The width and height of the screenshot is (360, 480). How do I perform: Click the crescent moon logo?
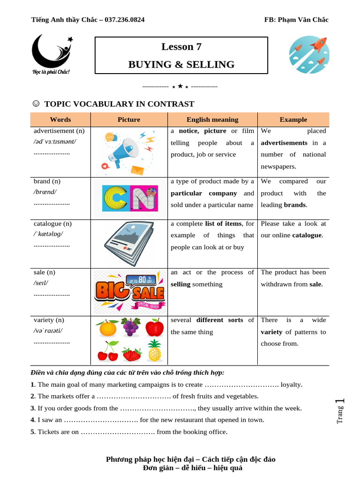(x=50, y=52)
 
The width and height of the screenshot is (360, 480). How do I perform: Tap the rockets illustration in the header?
(x=308, y=52)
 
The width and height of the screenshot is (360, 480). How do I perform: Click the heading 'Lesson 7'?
(x=181, y=46)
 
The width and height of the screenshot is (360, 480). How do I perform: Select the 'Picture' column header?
(x=129, y=120)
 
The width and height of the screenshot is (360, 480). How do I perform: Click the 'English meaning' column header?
(x=212, y=120)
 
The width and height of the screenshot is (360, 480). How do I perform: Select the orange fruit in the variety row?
(x=108, y=328)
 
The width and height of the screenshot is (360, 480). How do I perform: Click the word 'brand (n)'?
(x=47, y=181)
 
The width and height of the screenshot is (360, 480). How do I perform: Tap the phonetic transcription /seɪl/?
(x=41, y=283)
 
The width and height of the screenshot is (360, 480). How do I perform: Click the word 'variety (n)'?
(x=49, y=320)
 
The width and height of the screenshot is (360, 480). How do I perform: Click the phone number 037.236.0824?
(x=125, y=20)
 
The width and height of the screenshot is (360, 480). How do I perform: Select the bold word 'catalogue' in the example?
(x=307, y=235)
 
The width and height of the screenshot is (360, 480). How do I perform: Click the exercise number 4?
(x=33, y=420)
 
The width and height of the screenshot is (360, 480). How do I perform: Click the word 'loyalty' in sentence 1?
(x=291, y=384)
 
